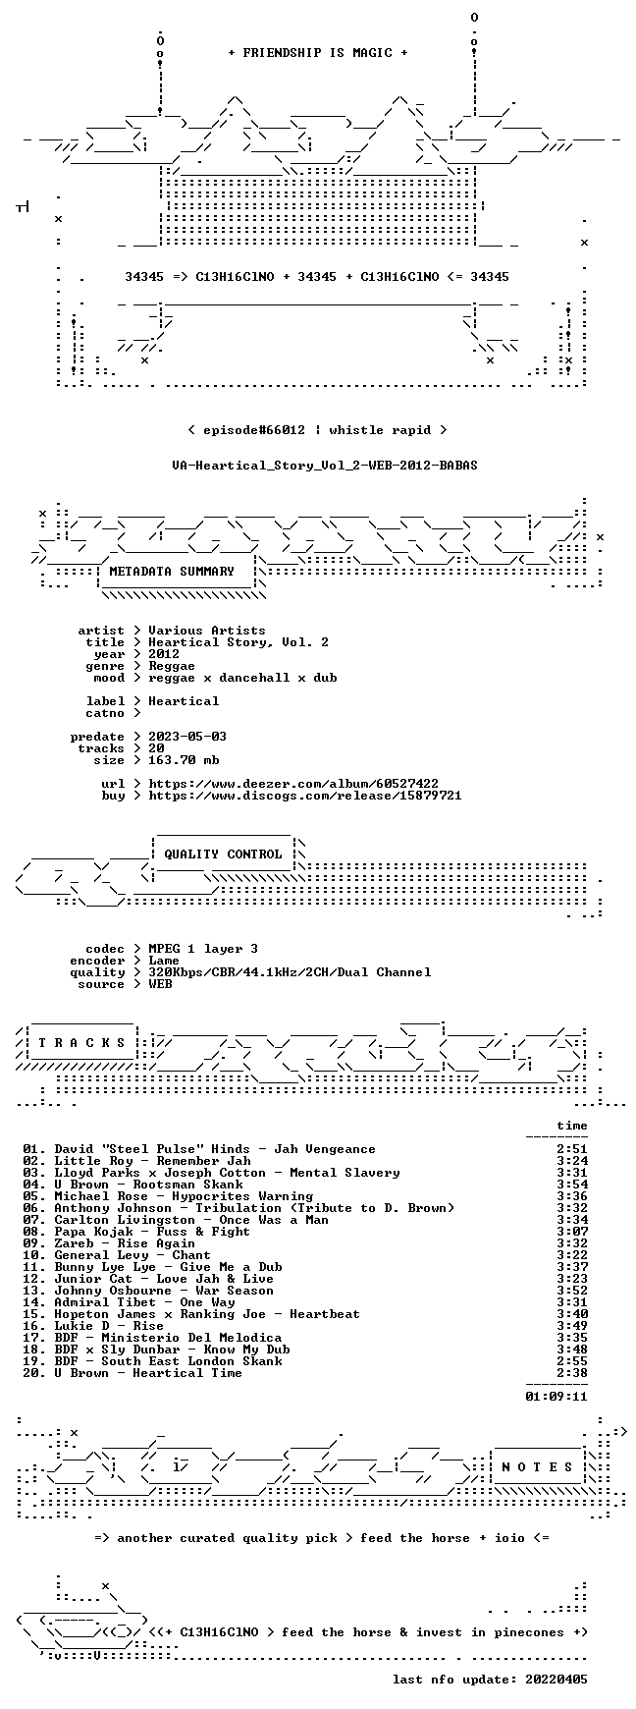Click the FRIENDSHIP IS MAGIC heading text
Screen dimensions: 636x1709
pos(318,53)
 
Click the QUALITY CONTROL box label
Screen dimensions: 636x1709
pos(223,854)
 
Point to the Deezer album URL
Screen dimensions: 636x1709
pos(293,784)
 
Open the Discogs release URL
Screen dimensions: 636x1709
pos(305,796)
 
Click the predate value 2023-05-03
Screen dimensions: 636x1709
pos(187,737)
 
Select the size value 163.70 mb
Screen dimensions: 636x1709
pos(184,760)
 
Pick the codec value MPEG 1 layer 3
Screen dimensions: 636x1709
pos(203,949)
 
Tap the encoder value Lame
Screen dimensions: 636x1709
pos(164,961)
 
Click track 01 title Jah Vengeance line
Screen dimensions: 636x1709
pos(199,1149)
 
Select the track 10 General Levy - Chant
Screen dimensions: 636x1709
pos(117,1255)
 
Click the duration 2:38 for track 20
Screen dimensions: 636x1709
pos(572,1373)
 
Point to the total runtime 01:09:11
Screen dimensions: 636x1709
pos(556,1396)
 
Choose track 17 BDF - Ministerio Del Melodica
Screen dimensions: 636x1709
pos(152,1338)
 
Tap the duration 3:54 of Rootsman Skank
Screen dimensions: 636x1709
pos(572,1185)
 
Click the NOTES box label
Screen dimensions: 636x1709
pos(537,1467)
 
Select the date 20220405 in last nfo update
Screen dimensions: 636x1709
pos(556,1680)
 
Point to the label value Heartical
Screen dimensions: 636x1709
pos(184,701)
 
